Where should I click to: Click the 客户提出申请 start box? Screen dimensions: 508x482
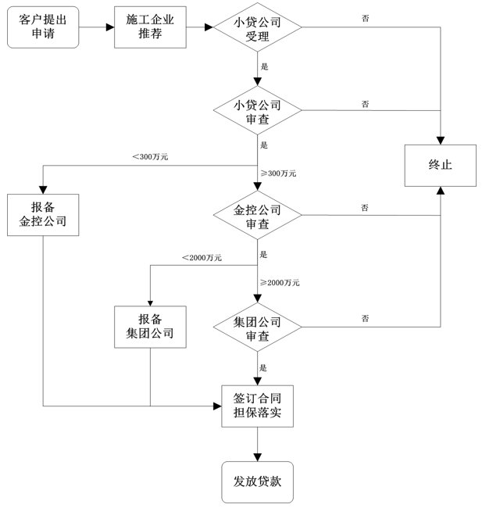pyautogui.click(x=43, y=27)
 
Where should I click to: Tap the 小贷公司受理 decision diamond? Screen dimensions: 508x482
pyautogui.click(x=257, y=29)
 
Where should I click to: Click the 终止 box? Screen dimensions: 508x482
pyautogui.click(x=440, y=164)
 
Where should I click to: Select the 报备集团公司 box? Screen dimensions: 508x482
pyautogui.click(x=150, y=327)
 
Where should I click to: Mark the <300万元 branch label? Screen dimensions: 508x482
pyautogui.click(x=150, y=157)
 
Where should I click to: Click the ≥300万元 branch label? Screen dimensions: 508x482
pyautogui.click(x=277, y=173)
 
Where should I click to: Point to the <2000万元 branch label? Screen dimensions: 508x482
pyautogui.click(x=202, y=257)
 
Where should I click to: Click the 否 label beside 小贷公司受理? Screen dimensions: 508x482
pyautogui.click(x=366, y=17)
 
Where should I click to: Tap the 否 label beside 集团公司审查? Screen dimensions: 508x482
pyautogui.click(x=366, y=318)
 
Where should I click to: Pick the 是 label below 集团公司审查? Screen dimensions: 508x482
pyautogui.click(x=263, y=367)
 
